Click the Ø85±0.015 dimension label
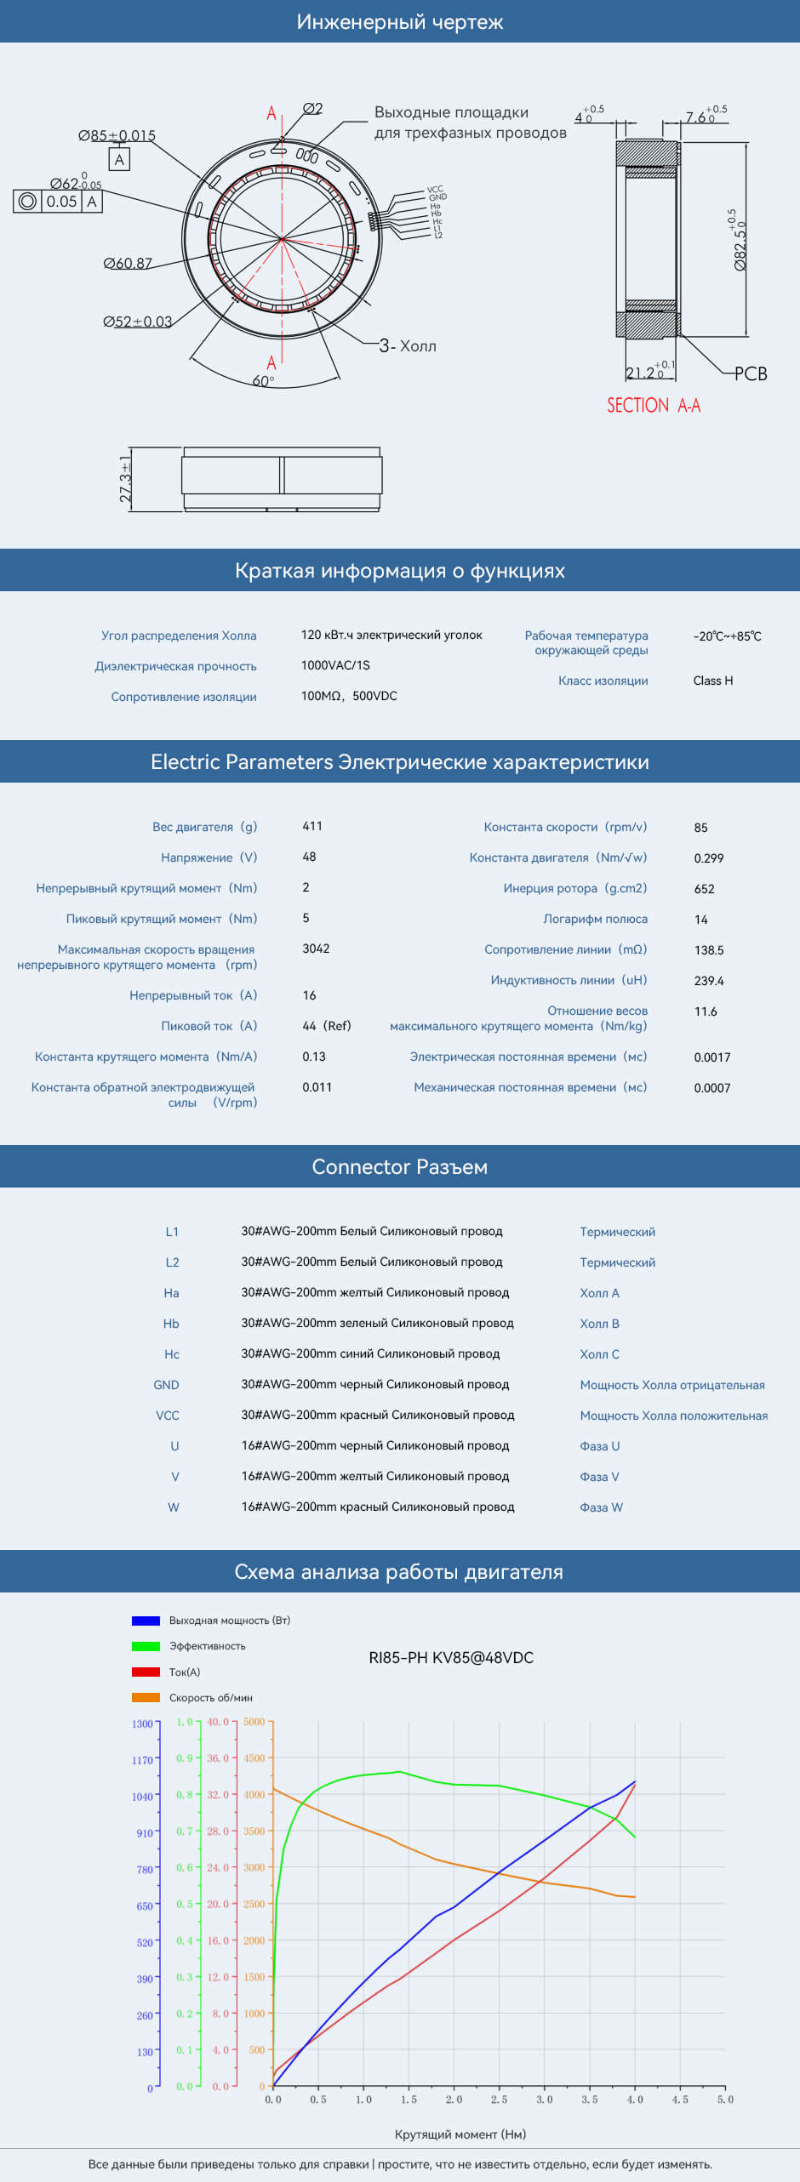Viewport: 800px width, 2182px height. (117, 136)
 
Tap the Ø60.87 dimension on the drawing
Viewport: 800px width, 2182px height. (128, 264)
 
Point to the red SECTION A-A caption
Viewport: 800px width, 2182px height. (654, 406)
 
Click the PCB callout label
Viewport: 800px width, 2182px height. (751, 373)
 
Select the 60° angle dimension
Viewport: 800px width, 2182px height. (263, 381)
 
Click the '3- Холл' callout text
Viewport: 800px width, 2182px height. (408, 346)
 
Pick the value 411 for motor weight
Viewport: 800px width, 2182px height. (312, 826)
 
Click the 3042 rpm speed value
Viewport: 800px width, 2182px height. (316, 949)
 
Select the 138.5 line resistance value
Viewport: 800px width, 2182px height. (709, 950)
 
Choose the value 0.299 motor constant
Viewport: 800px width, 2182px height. (709, 858)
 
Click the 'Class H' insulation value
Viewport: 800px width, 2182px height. (713, 681)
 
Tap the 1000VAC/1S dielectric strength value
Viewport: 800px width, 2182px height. (335, 665)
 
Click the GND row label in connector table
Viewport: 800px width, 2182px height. (166, 1385)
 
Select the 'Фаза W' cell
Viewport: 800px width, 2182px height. (602, 1507)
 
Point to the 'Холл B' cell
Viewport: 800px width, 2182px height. (600, 1324)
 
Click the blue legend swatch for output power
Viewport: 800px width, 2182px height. (146, 1621)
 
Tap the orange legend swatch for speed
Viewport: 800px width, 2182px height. (146, 1697)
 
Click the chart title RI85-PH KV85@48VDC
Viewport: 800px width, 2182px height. (451, 1658)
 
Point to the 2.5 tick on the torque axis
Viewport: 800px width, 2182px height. (499, 2099)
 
